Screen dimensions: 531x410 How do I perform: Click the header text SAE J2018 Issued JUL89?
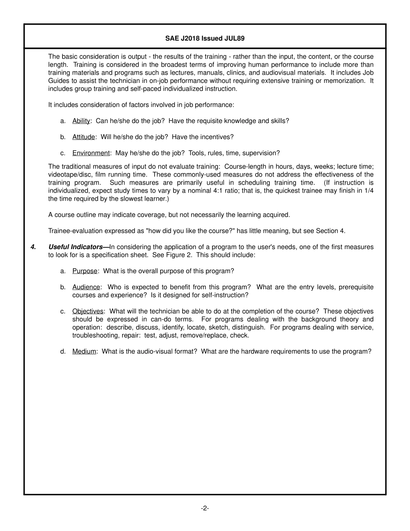[205, 38]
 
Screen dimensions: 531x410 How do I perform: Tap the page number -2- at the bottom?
[205, 508]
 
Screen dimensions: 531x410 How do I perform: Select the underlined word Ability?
[81, 121]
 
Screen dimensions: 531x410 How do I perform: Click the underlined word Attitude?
[83, 137]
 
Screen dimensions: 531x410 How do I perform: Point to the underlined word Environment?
[91, 153]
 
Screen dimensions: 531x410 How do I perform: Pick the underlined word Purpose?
[85, 271]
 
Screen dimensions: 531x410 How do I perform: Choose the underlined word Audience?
[86, 287]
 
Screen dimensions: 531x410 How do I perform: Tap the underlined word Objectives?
[88, 311]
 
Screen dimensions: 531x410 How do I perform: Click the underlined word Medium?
[84, 351]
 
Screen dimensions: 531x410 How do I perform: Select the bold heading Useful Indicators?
[76, 247]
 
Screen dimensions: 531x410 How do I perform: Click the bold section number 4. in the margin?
[33, 247]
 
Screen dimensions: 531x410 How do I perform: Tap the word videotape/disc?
[68, 174]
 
